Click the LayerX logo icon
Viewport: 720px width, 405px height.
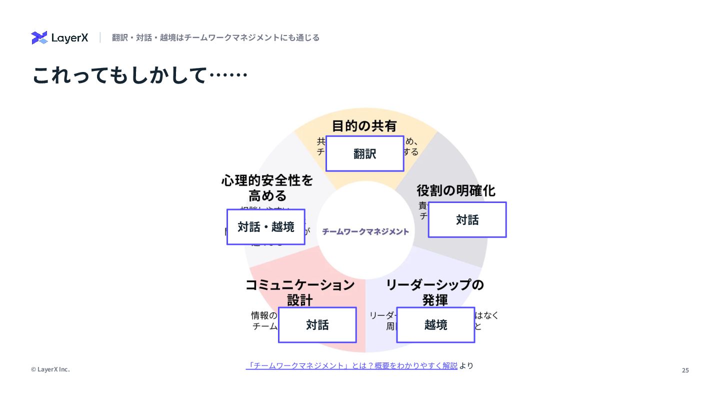tap(39, 37)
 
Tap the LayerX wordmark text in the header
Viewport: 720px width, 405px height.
tap(69, 38)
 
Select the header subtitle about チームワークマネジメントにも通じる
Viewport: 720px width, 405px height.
tap(215, 37)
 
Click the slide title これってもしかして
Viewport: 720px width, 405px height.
tap(139, 75)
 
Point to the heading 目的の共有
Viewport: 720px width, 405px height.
tap(364, 125)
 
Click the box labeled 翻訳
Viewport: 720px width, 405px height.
tap(365, 154)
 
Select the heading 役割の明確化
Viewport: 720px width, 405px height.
tap(456, 190)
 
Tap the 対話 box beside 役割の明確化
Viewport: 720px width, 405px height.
tap(467, 220)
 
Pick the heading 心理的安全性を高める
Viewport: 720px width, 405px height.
tap(267, 187)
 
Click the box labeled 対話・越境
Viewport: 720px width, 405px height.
tap(266, 227)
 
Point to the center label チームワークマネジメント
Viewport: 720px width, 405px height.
tap(365, 231)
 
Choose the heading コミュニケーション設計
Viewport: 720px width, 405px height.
tap(300, 292)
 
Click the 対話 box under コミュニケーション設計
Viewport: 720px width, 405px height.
tap(317, 325)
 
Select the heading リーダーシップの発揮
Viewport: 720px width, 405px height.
tap(434, 292)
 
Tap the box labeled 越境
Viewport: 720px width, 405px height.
tap(435, 325)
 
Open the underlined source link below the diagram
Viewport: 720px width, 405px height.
tap(352, 365)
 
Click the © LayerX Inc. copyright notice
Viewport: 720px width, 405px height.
tap(50, 369)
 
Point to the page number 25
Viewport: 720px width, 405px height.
tap(685, 370)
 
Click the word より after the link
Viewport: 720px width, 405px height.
tap(466, 365)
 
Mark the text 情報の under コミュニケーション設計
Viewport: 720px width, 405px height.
tap(264, 315)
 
